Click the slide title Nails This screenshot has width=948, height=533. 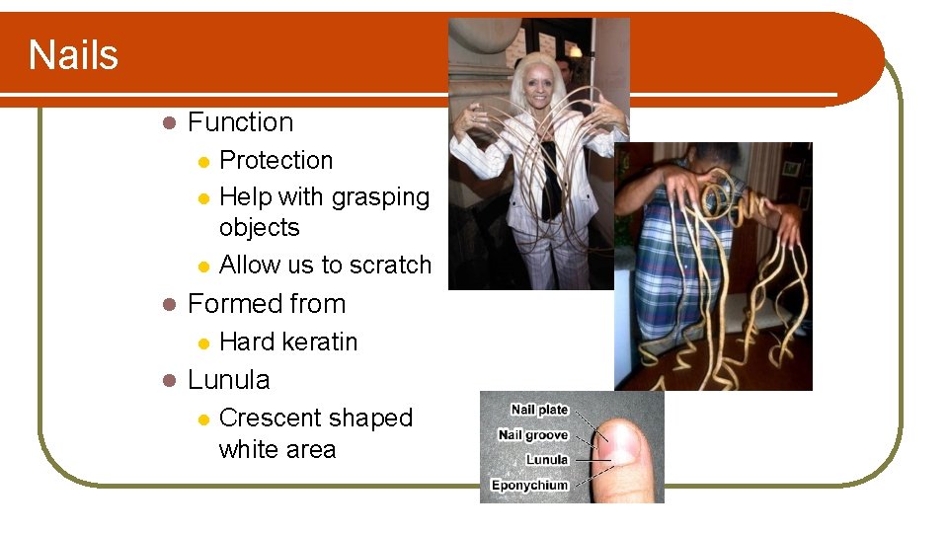click(73, 54)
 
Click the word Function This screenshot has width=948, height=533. click(240, 122)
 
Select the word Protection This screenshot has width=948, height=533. click(276, 160)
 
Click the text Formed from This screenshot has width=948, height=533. click(266, 304)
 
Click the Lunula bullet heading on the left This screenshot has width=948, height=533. click(228, 380)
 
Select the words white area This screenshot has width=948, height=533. click(276, 449)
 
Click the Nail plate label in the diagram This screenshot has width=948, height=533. click(539, 410)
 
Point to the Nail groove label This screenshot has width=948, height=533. click(533, 434)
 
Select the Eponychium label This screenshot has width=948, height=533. click(530, 485)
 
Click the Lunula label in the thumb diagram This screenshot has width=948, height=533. click(547, 460)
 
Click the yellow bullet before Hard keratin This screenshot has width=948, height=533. click(202, 343)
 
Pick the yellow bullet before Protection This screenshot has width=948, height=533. click(202, 161)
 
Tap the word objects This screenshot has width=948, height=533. click(259, 227)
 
